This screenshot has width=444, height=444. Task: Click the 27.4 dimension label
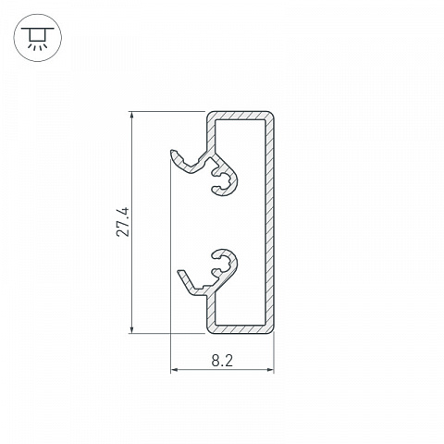pos(123,222)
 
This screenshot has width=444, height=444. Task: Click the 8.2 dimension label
pos(222,361)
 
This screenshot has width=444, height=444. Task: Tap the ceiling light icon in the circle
pos(38,38)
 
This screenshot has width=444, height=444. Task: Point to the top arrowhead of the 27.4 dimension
pos(132,115)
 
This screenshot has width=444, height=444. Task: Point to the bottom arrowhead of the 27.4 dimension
pos(132,329)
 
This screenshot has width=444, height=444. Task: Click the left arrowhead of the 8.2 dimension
pos(174,369)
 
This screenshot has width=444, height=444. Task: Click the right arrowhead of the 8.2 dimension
pos(270,369)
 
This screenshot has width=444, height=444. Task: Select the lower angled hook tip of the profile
pos(180,271)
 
